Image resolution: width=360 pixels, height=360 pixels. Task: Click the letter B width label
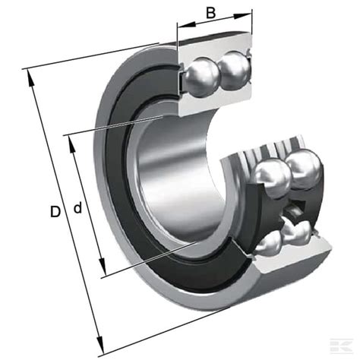210,13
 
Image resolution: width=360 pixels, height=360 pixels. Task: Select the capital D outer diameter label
55,212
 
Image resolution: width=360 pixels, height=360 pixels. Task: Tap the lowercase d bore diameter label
78,207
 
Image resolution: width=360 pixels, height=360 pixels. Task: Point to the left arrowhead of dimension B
187,24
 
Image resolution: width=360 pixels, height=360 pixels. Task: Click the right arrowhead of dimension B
242,16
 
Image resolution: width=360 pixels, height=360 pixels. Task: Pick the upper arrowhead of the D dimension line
30,78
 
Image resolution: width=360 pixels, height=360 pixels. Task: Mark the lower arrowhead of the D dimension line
100,345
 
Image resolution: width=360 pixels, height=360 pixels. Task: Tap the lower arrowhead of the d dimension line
102,267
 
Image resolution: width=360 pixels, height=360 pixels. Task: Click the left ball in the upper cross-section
200,77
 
